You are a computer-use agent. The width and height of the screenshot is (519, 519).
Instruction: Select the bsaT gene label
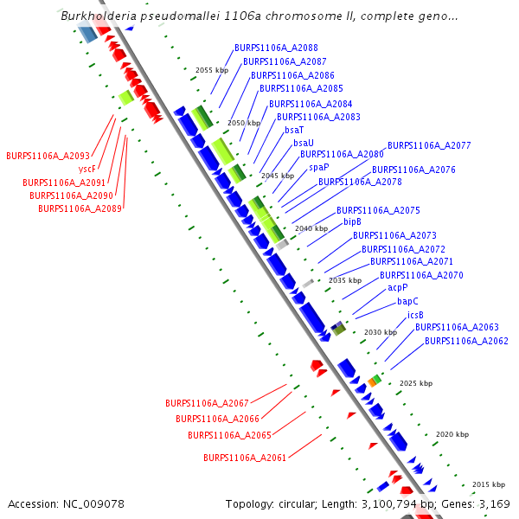294,130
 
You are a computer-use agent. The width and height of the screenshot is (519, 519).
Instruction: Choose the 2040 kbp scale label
311,228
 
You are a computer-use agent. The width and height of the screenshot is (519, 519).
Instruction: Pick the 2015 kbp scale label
488,484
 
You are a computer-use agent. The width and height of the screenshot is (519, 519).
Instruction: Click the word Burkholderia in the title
97,16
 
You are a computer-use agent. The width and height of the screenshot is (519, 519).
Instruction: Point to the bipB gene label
352,222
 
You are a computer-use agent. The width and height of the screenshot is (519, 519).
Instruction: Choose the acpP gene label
397,288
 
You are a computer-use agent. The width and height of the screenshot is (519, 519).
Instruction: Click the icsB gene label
415,315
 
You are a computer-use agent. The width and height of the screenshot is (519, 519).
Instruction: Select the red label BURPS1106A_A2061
245,458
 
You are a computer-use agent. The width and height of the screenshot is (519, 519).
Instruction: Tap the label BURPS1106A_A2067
207,403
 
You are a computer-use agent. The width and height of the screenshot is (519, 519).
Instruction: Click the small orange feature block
371,381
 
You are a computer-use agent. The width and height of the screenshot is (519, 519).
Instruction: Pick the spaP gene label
319,167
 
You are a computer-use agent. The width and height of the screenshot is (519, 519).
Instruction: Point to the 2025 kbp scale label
415,383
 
